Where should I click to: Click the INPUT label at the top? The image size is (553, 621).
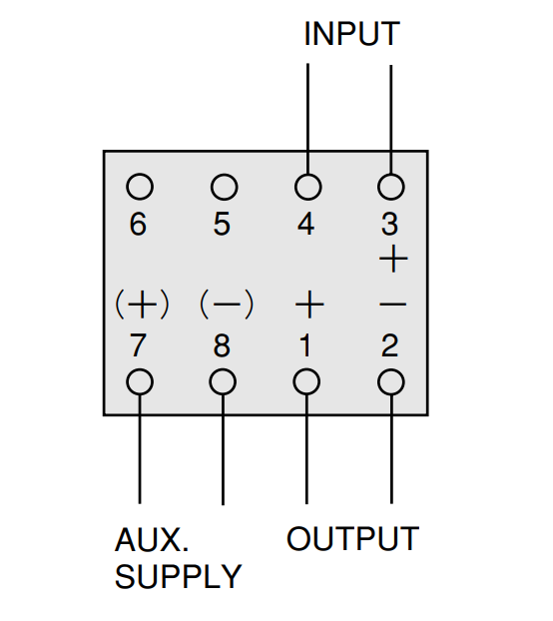[352, 34]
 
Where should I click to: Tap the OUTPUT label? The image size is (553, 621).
[352, 538]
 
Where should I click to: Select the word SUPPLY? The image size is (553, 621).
[178, 576]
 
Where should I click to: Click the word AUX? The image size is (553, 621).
[152, 539]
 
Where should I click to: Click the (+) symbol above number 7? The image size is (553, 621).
[142, 305]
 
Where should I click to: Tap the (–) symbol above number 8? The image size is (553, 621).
[227, 305]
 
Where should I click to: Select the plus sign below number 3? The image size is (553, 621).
[393, 259]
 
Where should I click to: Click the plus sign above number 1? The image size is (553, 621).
[309, 305]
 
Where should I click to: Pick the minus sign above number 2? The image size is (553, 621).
[392, 305]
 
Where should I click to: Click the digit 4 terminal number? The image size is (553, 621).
[306, 225]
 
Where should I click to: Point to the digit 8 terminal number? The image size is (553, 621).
[222, 345]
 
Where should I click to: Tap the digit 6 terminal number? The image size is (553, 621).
[138, 225]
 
